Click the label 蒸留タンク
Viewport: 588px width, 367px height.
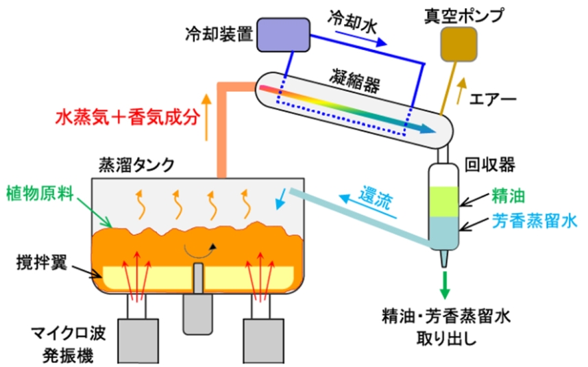tap(136, 165)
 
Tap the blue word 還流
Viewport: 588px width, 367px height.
tap(376, 199)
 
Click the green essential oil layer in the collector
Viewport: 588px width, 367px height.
tap(443, 203)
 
